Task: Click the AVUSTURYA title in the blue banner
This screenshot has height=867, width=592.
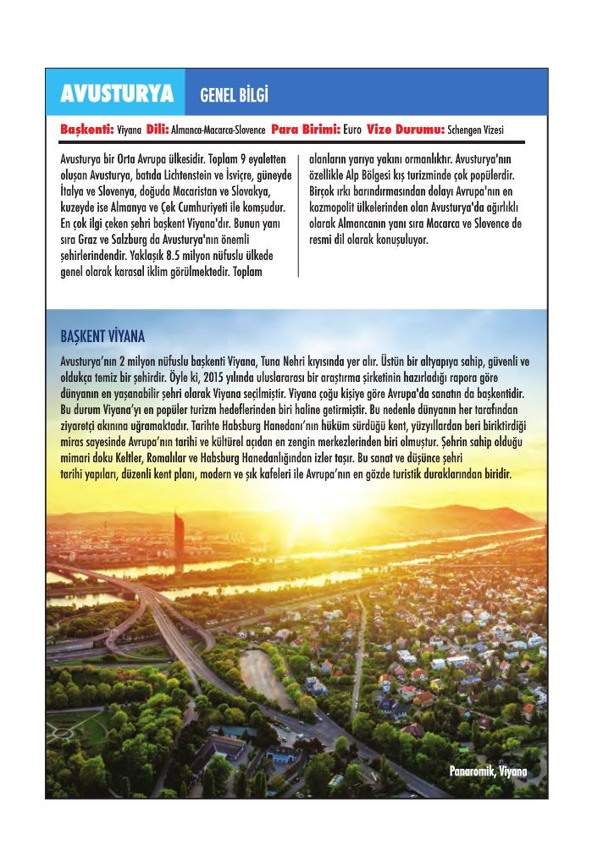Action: click(117, 94)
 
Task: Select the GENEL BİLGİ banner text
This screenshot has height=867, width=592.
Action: click(234, 95)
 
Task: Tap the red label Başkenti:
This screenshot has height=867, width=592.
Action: click(87, 130)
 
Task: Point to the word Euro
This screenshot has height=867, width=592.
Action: click(353, 130)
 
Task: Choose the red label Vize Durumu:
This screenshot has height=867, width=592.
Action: click(406, 130)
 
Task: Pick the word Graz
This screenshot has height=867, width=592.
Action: click(86, 240)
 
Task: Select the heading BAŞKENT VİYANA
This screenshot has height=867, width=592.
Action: click(102, 336)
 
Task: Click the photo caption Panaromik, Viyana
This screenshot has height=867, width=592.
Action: click(488, 771)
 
